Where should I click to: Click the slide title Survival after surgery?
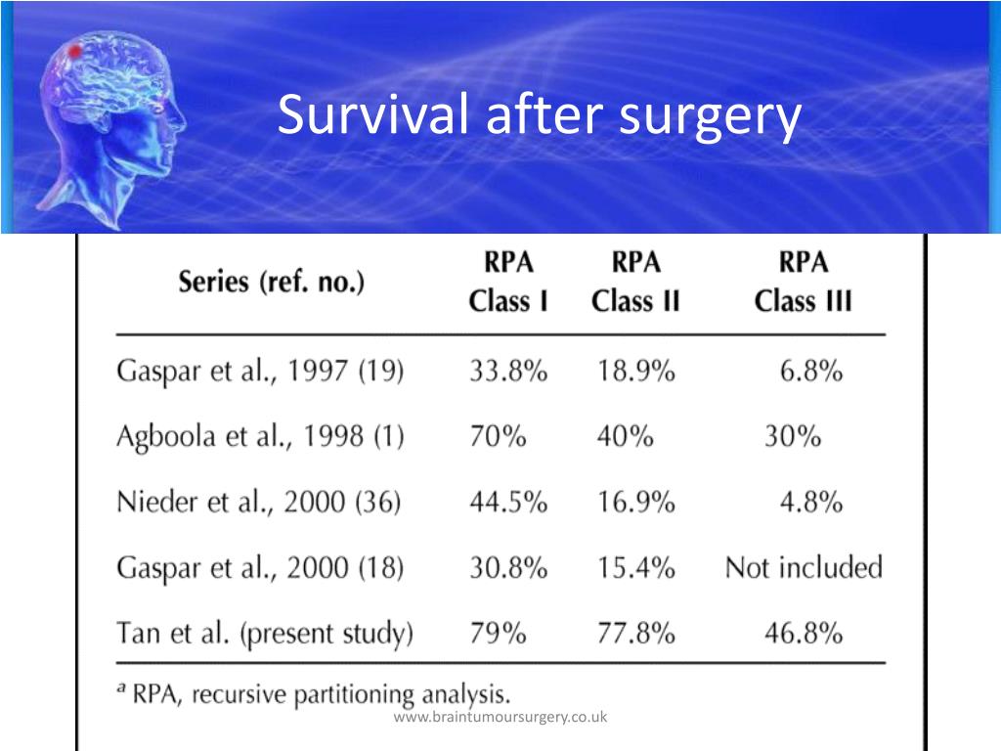[x=539, y=116]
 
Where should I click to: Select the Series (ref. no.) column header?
[x=271, y=284]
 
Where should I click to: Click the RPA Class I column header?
[x=507, y=282]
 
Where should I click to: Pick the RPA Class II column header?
[x=635, y=282]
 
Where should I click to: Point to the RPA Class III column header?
[x=803, y=282]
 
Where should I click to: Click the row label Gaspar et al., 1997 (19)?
[x=260, y=373]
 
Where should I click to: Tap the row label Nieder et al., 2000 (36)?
[x=260, y=502]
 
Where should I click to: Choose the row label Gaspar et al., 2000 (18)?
[x=260, y=567]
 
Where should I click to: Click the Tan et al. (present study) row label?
[x=265, y=634]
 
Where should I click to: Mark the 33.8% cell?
[x=508, y=373]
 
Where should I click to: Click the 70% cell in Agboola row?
[x=498, y=436]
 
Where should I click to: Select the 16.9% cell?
[x=635, y=502]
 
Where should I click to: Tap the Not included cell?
[x=803, y=567]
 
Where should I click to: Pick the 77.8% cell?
[x=635, y=634]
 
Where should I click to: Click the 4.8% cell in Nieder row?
[x=811, y=502]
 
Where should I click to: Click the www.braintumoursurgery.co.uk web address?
[x=500, y=718]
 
